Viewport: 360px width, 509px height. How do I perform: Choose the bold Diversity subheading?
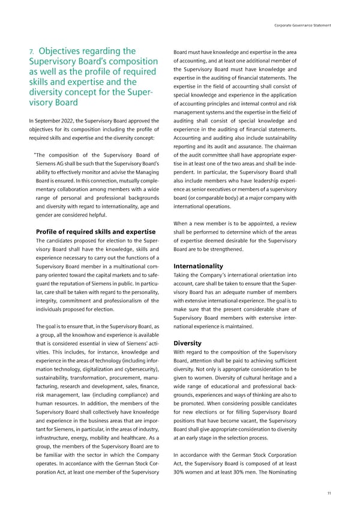coord(187,344)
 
